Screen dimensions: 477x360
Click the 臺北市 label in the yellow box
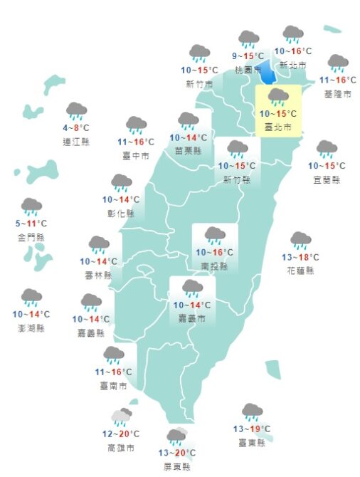(x=277, y=127)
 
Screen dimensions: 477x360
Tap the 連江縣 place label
(x=76, y=142)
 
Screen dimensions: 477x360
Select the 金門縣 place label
(x=31, y=237)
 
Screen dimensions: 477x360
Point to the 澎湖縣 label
(x=31, y=328)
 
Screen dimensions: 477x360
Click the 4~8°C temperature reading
(x=76, y=128)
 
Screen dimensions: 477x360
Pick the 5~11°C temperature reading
(x=31, y=224)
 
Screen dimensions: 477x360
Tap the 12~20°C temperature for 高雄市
(x=120, y=434)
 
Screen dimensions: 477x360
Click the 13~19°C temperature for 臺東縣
(x=251, y=429)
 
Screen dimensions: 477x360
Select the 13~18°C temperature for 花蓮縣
(x=300, y=257)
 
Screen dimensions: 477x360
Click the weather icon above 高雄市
(x=121, y=416)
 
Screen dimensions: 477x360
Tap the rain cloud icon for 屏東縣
(x=176, y=436)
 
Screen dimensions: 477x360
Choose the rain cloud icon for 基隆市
(x=337, y=63)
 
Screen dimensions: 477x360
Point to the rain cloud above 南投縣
(x=215, y=235)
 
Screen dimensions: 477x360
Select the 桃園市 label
(x=248, y=69)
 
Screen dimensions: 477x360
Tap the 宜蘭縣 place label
(x=326, y=179)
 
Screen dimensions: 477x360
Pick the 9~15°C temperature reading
(x=248, y=56)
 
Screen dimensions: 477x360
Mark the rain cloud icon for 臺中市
(x=136, y=125)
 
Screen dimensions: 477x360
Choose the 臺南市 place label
(x=114, y=385)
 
